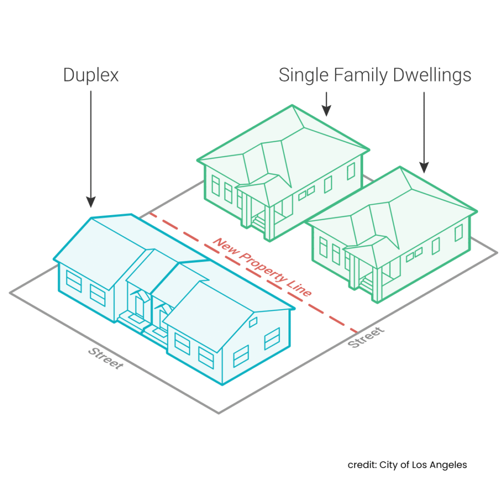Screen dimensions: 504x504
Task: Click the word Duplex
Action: (91, 75)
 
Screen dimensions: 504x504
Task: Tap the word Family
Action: (361, 75)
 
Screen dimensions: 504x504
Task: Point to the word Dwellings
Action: (432, 75)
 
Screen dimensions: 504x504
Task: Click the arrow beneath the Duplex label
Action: (91, 148)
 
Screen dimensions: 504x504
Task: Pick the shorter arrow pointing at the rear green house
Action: (326, 104)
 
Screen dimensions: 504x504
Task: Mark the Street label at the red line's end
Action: (366, 337)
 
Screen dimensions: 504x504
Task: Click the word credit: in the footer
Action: (362, 465)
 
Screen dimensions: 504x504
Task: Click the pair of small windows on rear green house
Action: (306, 192)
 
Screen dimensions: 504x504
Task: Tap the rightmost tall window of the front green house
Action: (459, 232)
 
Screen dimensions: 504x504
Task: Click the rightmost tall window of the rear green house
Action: (350, 171)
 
